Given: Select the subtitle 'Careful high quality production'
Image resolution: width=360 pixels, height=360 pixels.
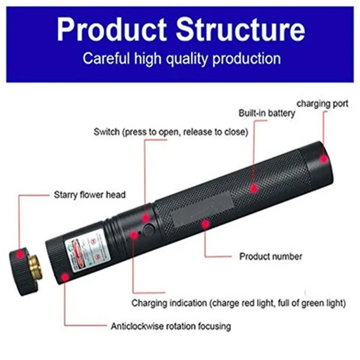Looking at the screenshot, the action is click(x=181, y=58).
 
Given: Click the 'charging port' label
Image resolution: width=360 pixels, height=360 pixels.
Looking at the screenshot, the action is click(x=322, y=104).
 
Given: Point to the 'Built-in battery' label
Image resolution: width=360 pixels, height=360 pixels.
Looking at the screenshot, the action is click(x=266, y=113).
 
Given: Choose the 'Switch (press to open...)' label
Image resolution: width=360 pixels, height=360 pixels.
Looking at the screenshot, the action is click(x=171, y=132).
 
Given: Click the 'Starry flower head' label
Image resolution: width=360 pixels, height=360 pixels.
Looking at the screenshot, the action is click(x=90, y=195).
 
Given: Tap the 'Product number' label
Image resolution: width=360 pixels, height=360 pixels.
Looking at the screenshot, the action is click(x=271, y=256).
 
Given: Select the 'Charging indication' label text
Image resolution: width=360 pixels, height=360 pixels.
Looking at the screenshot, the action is click(x=238, y=303).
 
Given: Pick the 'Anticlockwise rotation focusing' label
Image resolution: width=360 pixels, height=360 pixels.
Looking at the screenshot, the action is click(x=170, y=326).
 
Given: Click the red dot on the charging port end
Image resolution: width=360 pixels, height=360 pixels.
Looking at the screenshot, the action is click(x=324, y=158).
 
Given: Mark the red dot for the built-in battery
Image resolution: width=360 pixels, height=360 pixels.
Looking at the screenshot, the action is click(x=254, y=188).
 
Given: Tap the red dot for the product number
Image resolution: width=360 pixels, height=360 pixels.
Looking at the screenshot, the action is click(x=205, y=224).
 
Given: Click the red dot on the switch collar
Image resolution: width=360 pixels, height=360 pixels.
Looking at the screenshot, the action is click(x=146, y=218).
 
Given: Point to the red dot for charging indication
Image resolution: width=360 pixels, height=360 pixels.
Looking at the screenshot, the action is click(x=134, y=235).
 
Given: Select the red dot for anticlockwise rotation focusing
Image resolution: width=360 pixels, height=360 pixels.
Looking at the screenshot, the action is click(x=65, y=277).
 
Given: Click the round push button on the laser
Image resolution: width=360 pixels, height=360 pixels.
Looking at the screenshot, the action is click(x=148, y=230).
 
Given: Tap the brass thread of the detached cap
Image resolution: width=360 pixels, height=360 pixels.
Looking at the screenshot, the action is click(x=36, y=268).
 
